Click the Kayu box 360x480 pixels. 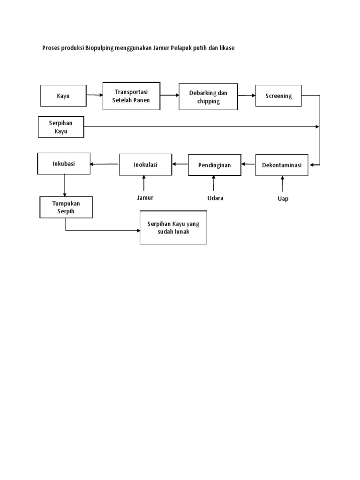click(x=63, y=96)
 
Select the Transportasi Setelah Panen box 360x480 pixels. click(x=132, y=96)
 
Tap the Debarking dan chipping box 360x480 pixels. click(x=208, y=97)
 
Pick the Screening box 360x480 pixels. click(x=278, y=96)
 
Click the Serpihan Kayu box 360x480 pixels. click(x=61, y=127)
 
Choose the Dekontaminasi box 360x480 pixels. click(x=282, y=165)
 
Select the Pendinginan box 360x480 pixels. click(x=214, y=165)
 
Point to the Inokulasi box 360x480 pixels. click(x=145, y=165)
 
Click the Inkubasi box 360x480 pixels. click(x=64, y=164)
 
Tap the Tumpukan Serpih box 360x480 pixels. click(x=66, y=207)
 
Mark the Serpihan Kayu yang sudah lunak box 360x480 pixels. click(x=173, y=227)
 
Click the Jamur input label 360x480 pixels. click(x=145, y=197)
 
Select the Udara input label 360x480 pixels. click(x=216, y=198)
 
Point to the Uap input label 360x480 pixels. click(x=283, y=199)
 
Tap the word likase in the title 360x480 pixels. click(x=225, y=48)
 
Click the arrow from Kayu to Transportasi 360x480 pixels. click(x=95, y=95)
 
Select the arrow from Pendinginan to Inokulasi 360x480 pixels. click(x=180, y=164)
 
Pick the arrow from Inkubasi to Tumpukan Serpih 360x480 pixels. click(x=65, y=185)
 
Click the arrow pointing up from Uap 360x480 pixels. click(x=282, y=184)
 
